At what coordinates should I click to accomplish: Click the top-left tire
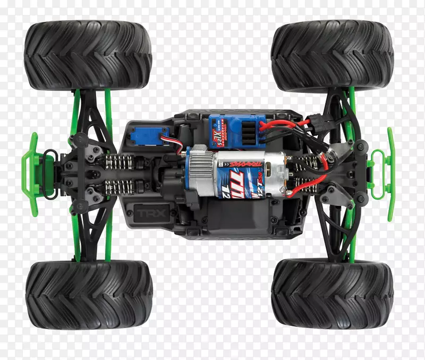pyautogui.click(x=88, y=55)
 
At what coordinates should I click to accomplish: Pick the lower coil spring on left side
pyautogui.click(x=120, y=186)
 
